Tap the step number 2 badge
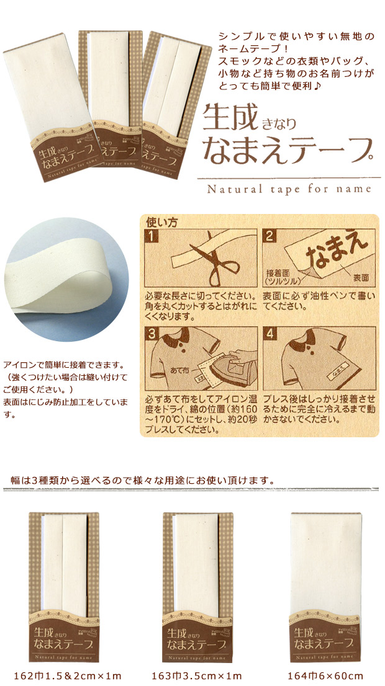click(269, 236)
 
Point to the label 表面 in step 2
click(362, 275)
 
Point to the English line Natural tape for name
click(292, 188)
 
